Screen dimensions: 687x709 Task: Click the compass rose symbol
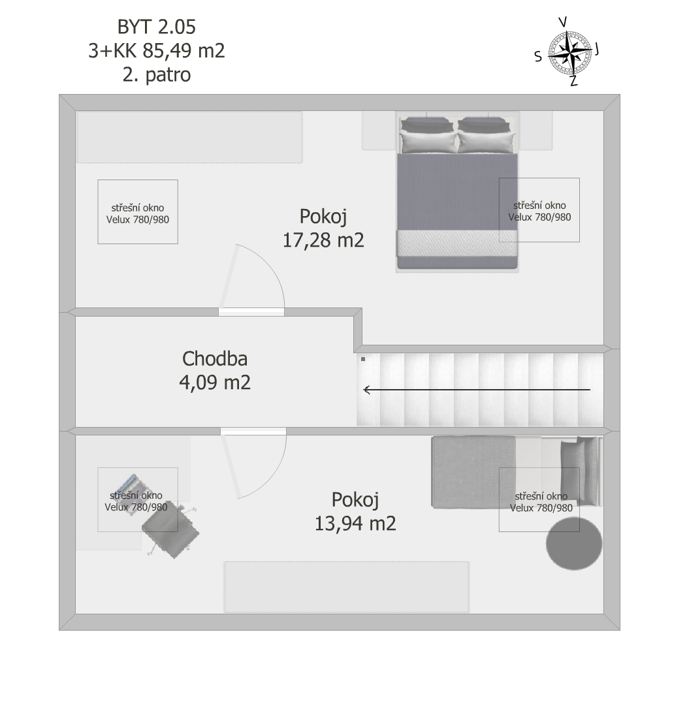tap(569, 54)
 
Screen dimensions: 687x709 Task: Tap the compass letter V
tap(563, 22)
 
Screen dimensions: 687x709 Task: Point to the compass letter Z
tap(573, 82)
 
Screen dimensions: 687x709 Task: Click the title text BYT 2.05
tap(157, 27)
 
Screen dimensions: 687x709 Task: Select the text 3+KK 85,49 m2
tap(157, 51)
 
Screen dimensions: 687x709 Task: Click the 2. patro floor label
tap(157, 74)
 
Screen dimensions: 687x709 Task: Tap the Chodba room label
tap(215, 358)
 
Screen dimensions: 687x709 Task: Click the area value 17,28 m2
tap(323, 240)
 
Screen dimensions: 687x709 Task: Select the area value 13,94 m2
tap(355, 524)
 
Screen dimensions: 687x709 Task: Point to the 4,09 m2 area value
tap(215, 383)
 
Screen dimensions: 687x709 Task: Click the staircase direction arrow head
tap(367, 389)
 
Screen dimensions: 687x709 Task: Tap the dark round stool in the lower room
tap(574, 544)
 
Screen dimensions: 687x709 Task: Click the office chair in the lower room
tap(170, 529)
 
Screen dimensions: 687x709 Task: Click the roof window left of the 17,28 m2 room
tap(138, 212)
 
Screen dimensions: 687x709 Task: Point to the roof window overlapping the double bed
tap(539, 210)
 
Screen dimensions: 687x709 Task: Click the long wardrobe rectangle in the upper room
tap(189, 137)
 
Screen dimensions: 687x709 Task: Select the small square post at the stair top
tap(362, 359)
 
